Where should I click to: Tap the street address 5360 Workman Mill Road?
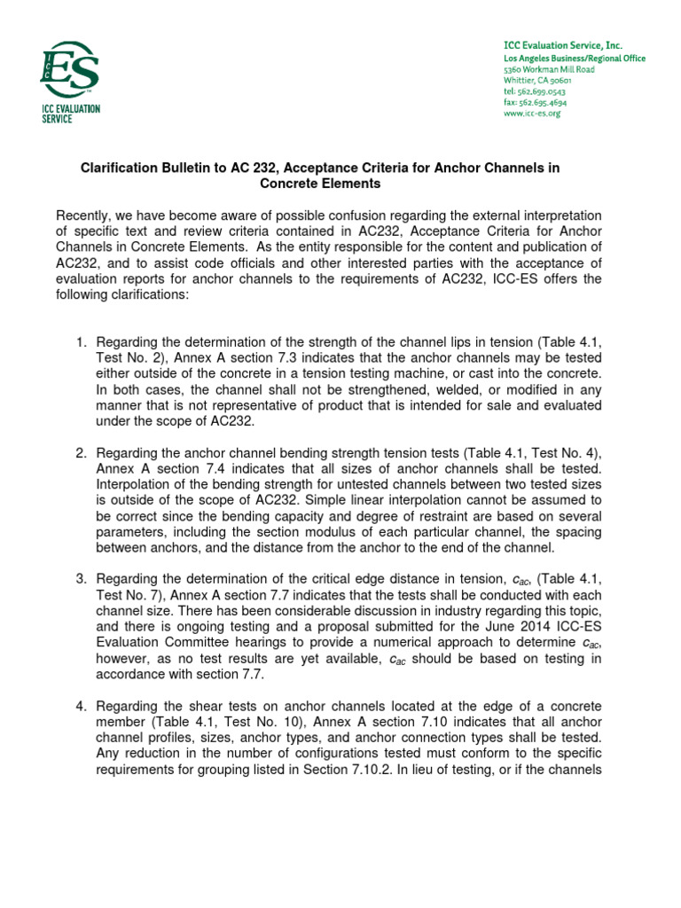[x=548, y=69]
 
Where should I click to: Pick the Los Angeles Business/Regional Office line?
[x=574, y=59]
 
